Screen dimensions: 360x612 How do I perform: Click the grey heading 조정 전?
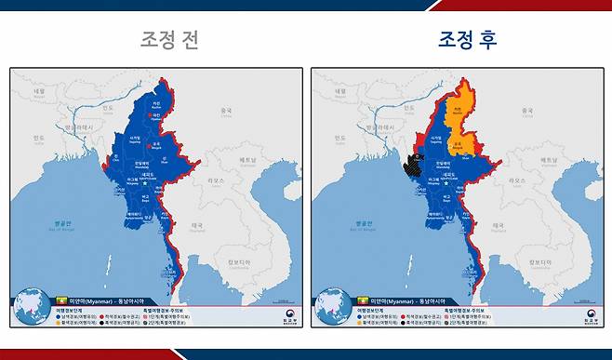click(169, 40)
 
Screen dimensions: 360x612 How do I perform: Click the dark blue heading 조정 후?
click(467, 40)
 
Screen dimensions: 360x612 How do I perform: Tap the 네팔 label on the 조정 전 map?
click(39, 92)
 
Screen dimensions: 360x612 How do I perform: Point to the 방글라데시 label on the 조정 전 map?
click(73, 127)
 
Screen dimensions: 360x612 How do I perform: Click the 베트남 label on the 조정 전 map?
click(247, 160)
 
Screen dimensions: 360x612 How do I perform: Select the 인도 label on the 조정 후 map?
click(339, 137)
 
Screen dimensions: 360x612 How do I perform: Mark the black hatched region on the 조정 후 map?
click(410, 165)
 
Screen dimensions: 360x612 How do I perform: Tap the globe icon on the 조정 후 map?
click(332, 306)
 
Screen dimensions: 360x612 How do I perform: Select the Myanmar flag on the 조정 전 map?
click(64, 300)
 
